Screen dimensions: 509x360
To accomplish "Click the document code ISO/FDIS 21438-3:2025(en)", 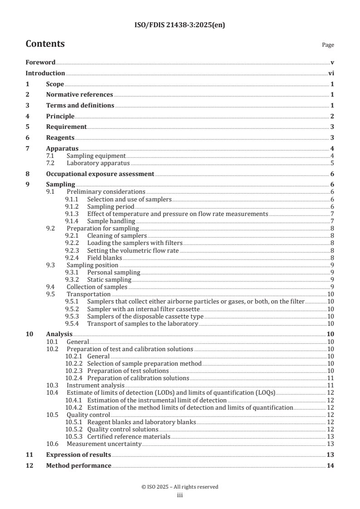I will pyautogui.click(x=180, y=25).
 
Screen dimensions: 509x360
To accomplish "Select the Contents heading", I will pyautogui.click(x=45, y=44).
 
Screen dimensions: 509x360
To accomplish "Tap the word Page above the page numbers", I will pyautogui.click(x=328, y=45).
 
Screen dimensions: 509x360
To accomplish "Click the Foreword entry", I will pyautogui.click(x=40, y=63).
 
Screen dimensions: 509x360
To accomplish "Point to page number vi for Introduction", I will pyautogui.click(x=331, y=73).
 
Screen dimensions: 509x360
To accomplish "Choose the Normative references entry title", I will pyautogui.click(x=79, y=95).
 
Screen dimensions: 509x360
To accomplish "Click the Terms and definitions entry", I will pyautogui.click(x=80, y=106).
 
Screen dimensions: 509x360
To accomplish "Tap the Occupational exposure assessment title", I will pyautogui.click(x=100, y=174).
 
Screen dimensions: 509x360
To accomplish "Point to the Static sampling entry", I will pyautogui.click(x=109, y=279).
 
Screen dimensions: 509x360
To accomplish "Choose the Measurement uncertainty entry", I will pyautogui.click(x=104, y=444).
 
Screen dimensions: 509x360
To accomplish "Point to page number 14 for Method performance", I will pyautogui.click(x=330, y=466).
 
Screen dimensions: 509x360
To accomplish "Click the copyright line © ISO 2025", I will pyautogui.click(x=180, y=487).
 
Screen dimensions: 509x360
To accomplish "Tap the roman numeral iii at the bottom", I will pyautogui.click(x=180, y=495).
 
